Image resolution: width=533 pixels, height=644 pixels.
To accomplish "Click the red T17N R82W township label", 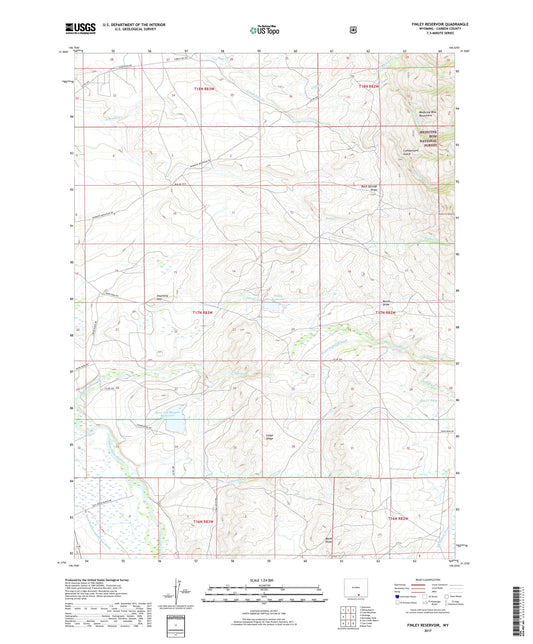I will tap(386, 313).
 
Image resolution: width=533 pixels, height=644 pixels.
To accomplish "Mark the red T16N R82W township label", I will tap(398, 519).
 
